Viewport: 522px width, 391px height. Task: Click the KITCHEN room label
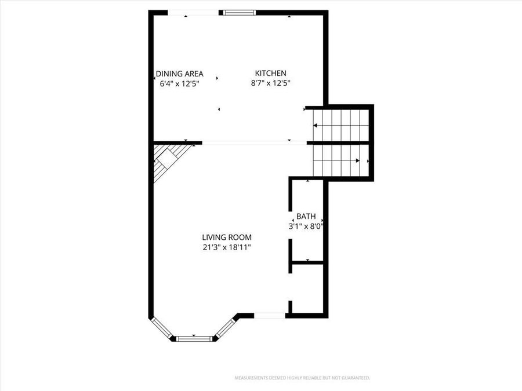tap(271, 73)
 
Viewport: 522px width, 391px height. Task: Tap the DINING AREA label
tap(180, 74)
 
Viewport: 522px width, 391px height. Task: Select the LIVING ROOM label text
tap(227, 237)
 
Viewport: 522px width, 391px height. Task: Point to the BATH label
tap(306, 217)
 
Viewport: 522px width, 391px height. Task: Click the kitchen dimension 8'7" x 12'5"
tap(271, 83)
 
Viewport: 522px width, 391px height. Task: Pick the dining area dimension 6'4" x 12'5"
tap(180, 83)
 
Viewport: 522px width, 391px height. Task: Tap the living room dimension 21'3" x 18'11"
tap(227, 247)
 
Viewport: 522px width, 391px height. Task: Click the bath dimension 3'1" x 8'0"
tap(306, 226)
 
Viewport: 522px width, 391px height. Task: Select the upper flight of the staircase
tap(341, 124)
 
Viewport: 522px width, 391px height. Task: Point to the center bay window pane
tap(194, 338)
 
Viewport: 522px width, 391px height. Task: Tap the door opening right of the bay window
tap(270, 316)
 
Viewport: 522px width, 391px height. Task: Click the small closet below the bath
tap(307, 288)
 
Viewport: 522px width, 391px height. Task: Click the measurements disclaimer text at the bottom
tap(302, 378)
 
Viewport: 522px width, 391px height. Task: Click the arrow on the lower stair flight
tap(358, 160)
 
